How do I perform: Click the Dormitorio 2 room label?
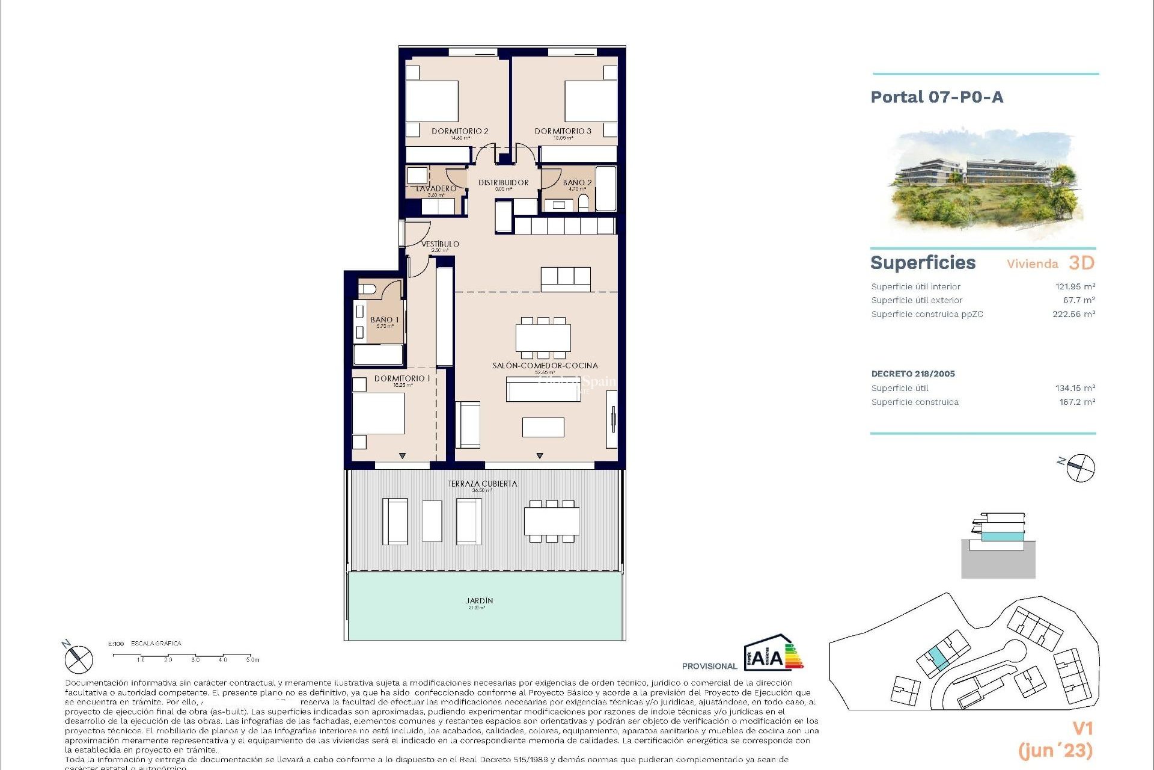(460, 131)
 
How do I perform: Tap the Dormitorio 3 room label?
(563, 131)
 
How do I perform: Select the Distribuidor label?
(504, 182)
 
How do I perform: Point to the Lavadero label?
(436, 189)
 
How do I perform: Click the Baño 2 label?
(577, 182)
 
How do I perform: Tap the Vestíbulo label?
(440, 244)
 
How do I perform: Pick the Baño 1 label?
(385, 320)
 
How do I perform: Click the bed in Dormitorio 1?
(378, 413)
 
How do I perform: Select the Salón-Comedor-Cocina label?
(545, 365)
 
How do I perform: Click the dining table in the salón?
(543, 338)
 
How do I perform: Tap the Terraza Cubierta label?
(482, 484)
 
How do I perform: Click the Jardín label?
(479, 600)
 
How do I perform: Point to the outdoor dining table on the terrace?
(551, 521)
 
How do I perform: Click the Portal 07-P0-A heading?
(936, 97)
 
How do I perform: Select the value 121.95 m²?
(1075, 287)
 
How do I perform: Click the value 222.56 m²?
(1073, 314)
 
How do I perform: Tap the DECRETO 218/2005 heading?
(913, 374)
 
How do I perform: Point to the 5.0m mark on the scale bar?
(252, 659)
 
